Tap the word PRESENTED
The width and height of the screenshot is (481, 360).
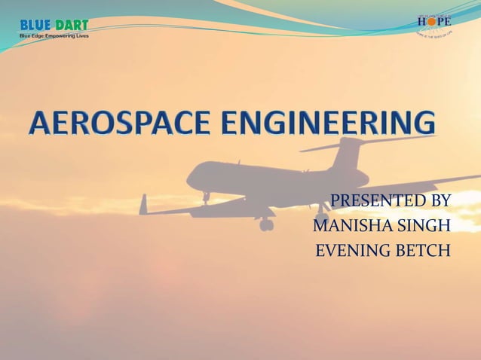click(369, 201)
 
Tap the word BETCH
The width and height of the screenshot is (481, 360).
click(423, 251)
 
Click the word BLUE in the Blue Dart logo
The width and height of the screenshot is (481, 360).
click(35, 25)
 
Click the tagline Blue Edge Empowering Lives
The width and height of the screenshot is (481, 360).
click(54, 36)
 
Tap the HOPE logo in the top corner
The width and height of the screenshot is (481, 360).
click(434, 25)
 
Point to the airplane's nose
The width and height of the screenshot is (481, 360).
click(190, 180)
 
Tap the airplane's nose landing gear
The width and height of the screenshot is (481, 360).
click(205, 200)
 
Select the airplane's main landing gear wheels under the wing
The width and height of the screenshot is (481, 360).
click(265, 224)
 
